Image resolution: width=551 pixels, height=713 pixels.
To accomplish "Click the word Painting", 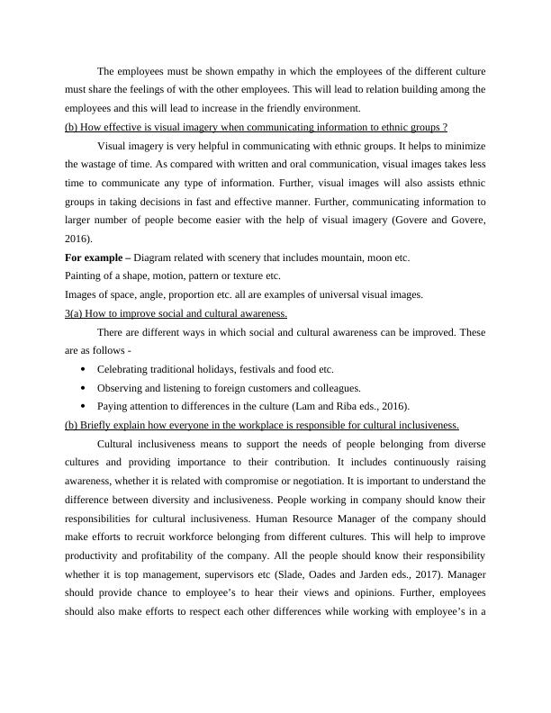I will pyautogui.click(x=84, y=275).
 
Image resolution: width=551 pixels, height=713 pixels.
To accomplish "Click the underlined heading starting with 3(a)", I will pyautogui.click(x=176, y=312).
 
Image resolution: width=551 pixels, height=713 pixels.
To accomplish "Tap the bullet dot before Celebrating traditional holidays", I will pyautogui.click(x=84, y=369).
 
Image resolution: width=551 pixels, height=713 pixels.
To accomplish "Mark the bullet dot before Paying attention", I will pyautogui.click(x=84, y=406).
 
